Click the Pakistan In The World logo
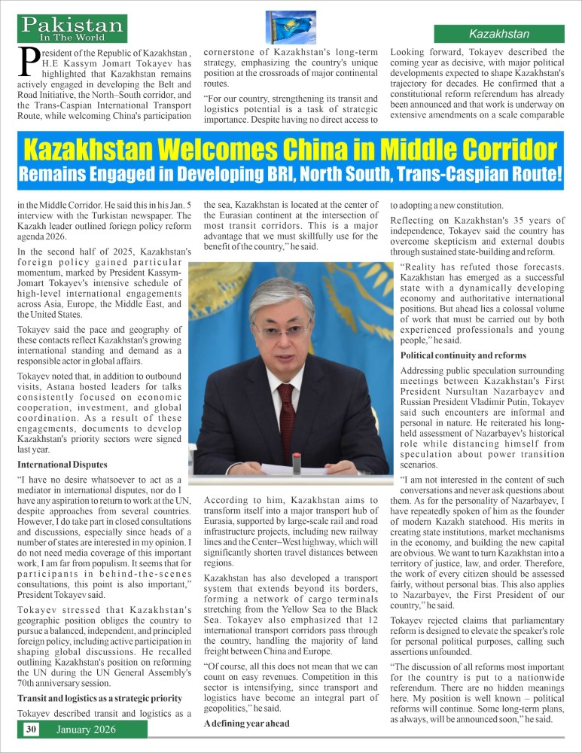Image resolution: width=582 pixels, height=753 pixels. (x=73, y=29)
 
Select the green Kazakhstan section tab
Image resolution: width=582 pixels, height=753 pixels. (x=499, y=34)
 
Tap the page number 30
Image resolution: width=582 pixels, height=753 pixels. (x=32, y=729)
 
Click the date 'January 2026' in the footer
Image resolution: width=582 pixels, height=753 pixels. (x=84, y=729)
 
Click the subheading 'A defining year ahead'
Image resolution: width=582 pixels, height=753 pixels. (x=246, y=723)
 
